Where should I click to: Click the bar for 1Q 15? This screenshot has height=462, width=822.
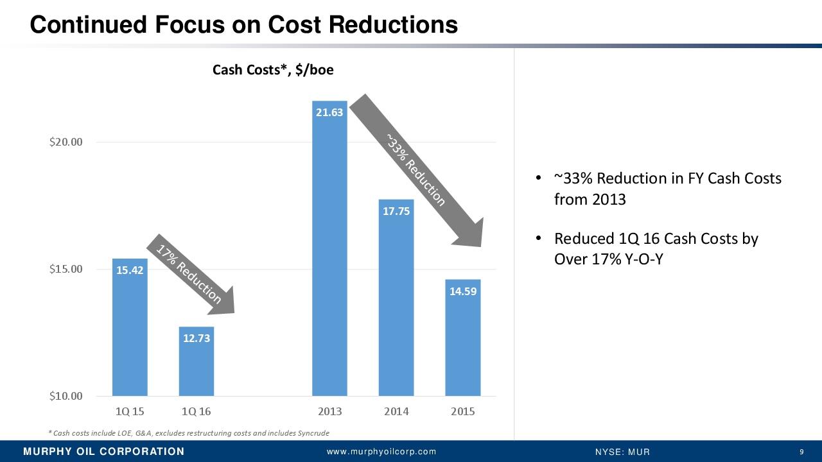[130, 334]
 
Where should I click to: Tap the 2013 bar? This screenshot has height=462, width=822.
[329, 257]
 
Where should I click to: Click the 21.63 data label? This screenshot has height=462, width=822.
[329, 112]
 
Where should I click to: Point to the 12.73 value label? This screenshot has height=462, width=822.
[197, 338]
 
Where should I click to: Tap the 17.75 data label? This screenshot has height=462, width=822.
[396, 211]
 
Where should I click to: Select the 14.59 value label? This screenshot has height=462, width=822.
[463, 291]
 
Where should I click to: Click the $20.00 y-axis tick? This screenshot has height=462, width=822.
[66, 142]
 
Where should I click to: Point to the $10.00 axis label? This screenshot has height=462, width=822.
[66, 396]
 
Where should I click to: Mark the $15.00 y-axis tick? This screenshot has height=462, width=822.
[66, 269]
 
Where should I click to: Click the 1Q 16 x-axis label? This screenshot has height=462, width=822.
[197, 411]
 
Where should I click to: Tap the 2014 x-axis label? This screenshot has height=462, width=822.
[396, 411]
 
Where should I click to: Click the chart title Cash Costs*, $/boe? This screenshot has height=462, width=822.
[273, 70]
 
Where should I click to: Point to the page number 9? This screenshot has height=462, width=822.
[801, 452]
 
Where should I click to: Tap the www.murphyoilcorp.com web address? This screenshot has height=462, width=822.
[381, 452]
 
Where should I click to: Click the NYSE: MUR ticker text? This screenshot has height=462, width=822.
[623, 452]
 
